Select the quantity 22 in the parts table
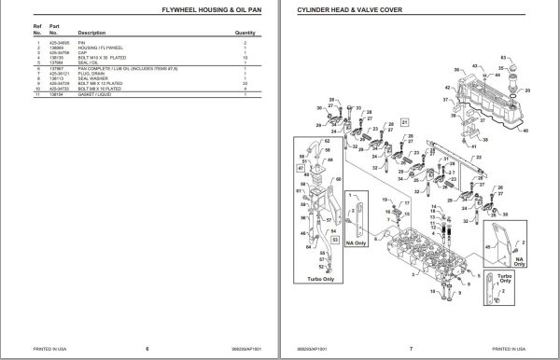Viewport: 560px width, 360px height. (x=245, y=85)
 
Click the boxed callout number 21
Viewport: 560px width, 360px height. (x=405, y=122)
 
